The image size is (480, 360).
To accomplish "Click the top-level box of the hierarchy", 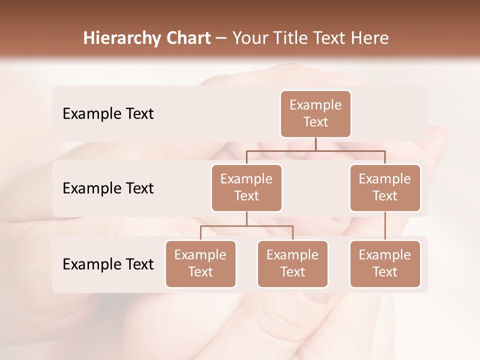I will pyautogui.click(x=315, y=113).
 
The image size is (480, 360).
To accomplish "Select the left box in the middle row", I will pyautogui.click(x=246, y=187).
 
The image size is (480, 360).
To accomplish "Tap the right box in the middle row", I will pyautogui.click(x=385, y=187).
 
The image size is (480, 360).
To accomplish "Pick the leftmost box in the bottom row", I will pyautogui.click(x=200, y=263).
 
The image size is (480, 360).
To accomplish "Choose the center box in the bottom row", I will pyautogui.click(x=292, y=263).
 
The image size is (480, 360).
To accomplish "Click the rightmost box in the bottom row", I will pyautogui.click(x=385, y=263).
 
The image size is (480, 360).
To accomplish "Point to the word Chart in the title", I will pyautogui.click(x=185, y=38).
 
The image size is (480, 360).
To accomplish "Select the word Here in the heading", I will pyautogui.click(x=370, y=38).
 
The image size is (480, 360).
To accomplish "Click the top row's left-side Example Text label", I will pyautogui.click(x=108, y=114).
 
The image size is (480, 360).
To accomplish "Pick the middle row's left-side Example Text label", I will pyautogui.click(x=108, y=188).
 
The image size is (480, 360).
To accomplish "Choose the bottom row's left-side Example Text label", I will pyautogui.click(x=108, y=264).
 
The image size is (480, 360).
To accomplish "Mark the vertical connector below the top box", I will pyautogui.click(x=315, y=144).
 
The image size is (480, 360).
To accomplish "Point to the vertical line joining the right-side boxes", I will pyautogui.click(x=385, y=226).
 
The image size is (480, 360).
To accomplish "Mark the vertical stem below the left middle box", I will pyautogui.click(x=246, y=218).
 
